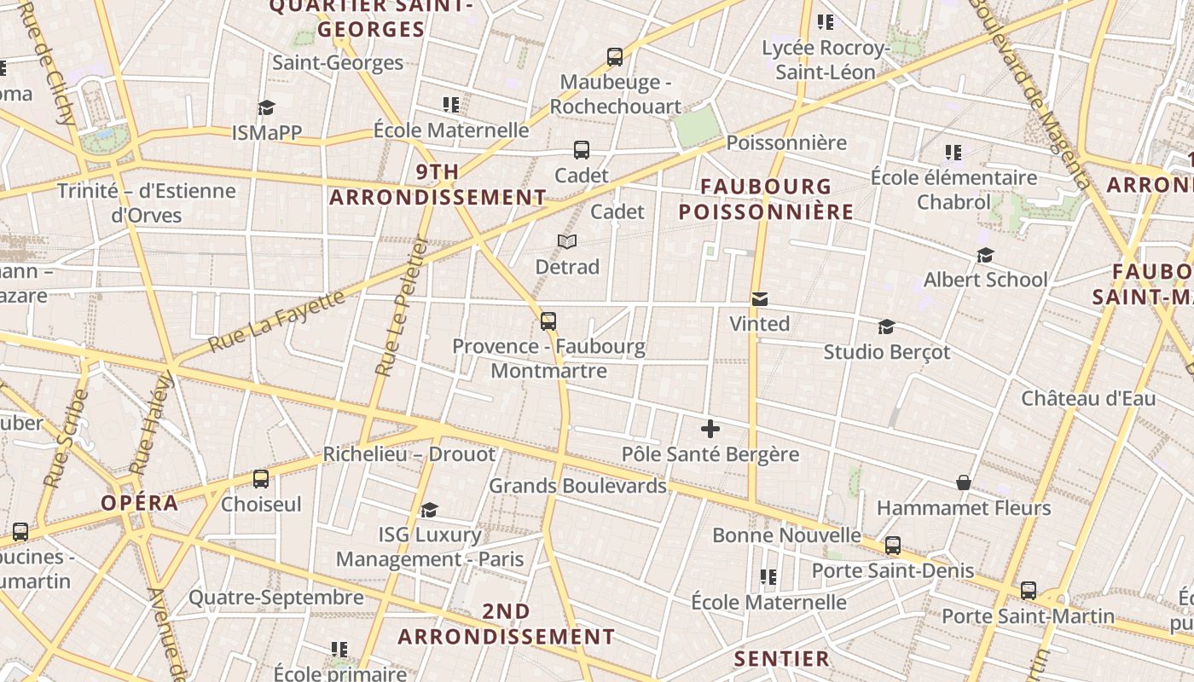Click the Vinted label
pyautogui.click(x=759, y=324)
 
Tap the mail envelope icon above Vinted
pyautogui.click(x=759, y=299)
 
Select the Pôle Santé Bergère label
pyautogui.click(x=710, y=454)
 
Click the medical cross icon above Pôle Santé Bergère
pyautogui.click(x=710, y=429)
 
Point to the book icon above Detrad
pyautogui.click(x=567, y=242)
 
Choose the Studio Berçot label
pyautogui.click(x=886, y=352)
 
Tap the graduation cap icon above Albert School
pyautogui.click(x=985, y=255)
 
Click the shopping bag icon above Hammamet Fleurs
pyautogui.click(x=964, y=483)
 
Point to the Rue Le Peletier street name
pyautogui.click(x=402, y=317)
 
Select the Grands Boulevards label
pyautogui.click(x=577, y=486)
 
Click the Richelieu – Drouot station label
pyautogui.click(x=409, y=454)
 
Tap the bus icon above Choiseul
pyautogui.click(x=261, y=479)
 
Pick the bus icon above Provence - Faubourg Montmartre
pyautogui.click(x=548, y=321)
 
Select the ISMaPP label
pyautogui.click(x=267, y=133)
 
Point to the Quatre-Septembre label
pyautogui.click(x=275, y=598)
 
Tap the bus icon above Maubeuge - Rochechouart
pyautogui.click(x=615, y=57)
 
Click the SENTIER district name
pyautogui.click(x=782, y=659)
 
